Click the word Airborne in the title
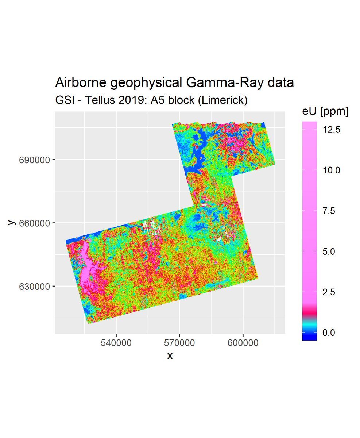[x=78, y=83]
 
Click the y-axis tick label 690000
[x=35, y=160]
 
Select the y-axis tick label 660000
[x=35, y=223]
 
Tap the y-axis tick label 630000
[x=35, y=287]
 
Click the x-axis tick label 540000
[x=116, y=343]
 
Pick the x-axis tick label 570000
[x=179, y=343]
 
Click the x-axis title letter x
[x=170, y=356]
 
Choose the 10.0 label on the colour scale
[x=332, y=170]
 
